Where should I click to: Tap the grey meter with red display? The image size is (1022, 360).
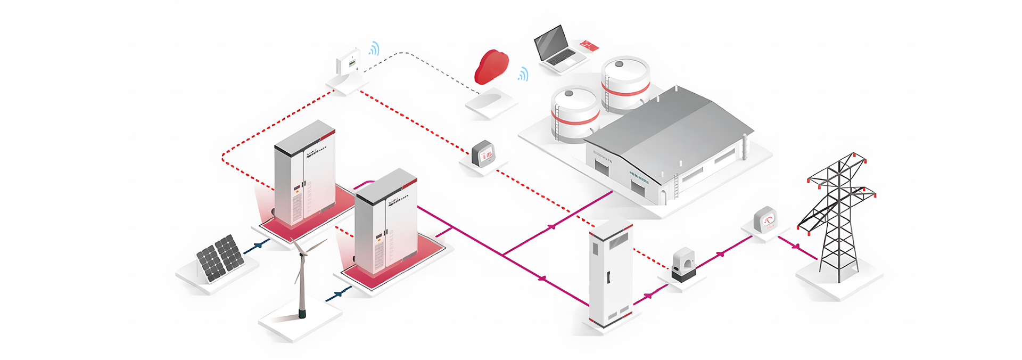coord(483,154)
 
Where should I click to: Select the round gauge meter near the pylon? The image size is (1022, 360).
coord(766,219)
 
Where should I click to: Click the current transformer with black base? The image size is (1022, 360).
coord(683,265)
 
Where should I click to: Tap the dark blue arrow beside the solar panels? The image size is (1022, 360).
coord(259,245)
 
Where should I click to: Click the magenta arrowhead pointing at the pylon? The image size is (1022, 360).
coord(796,247)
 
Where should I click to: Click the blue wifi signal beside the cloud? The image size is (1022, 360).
coord(524,75)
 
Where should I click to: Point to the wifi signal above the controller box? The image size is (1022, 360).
coord(375,49)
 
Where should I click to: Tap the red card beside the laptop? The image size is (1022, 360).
coord(589,45)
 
